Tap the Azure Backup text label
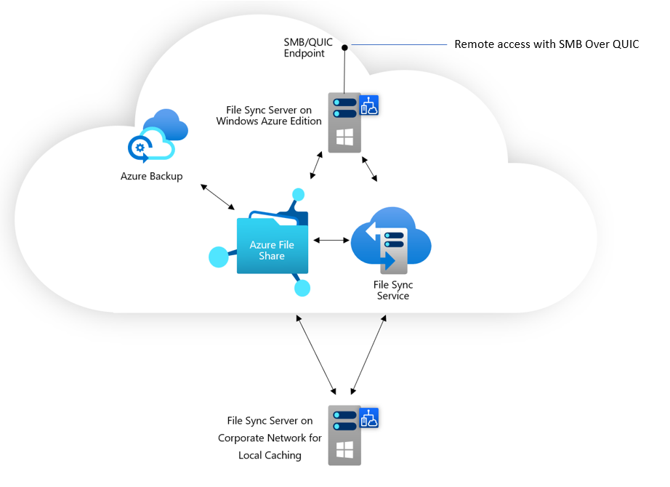(151, 176)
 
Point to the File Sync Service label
(392, 291)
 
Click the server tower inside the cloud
(344, 122)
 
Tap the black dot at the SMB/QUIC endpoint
(345, 47)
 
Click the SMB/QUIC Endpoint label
(308, 48)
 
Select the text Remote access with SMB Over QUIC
(546, 44)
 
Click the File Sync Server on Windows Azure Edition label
(269, 116)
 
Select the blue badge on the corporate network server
(370, 417)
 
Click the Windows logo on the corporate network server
(344, 449)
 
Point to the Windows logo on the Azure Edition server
(344, 137)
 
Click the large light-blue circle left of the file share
(218, 257)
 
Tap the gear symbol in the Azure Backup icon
(139, 147)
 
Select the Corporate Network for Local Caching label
(270, 438)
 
